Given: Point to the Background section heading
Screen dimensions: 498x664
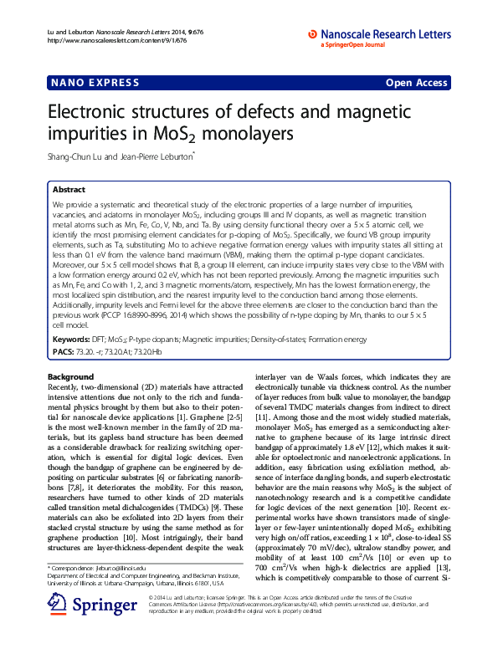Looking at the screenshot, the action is point(71,378).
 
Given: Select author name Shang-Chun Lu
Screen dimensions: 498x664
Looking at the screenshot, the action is point(79,156).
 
